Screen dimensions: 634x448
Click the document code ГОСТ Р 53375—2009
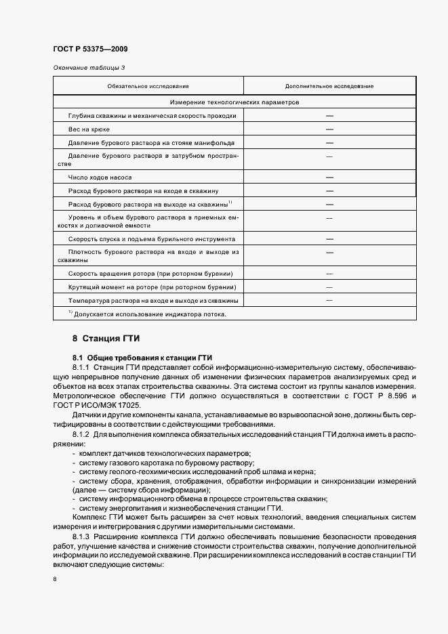[x=90, y=49]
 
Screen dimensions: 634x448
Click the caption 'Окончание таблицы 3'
[x=89, y=67]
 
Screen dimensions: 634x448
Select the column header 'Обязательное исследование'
[x=148, y=87]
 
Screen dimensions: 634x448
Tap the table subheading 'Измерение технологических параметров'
[x=235, y=102]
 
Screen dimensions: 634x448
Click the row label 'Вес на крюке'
[x=89, y=129]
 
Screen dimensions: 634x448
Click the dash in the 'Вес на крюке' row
[x=329, y=129]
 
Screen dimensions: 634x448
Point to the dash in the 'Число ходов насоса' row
[x=329, y=177]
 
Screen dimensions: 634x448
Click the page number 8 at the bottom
[x=55, y=579]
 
